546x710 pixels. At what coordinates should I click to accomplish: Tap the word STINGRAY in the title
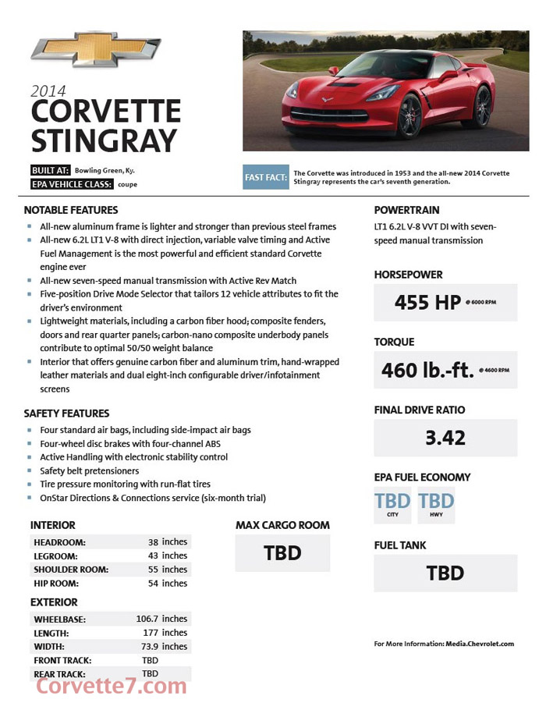[104, 140]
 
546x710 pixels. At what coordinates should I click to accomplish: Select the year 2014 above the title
[48, 91]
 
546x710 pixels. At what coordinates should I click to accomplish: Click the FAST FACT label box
[266, 177]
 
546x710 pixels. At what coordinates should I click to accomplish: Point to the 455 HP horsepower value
[427, 301]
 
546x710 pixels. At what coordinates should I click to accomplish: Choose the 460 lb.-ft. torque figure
[427, 369]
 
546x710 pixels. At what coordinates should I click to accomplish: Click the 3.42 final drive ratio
[445, 438]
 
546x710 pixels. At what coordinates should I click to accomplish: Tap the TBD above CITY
[392, 501]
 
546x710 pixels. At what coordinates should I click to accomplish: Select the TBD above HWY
[436, 501]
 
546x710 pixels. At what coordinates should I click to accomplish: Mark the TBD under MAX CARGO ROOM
[282, 553]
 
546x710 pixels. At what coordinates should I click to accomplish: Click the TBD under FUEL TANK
[445, 573]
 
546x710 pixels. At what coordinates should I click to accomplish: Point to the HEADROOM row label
[59, 541]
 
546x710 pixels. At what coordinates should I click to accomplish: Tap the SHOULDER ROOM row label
[71, 570]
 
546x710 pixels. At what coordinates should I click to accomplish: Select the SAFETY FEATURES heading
[66, 414]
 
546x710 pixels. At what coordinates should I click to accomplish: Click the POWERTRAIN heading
[406, 210]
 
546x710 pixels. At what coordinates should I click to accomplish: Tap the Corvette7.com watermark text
[112, 686]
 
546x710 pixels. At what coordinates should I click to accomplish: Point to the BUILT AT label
[51, 170]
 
